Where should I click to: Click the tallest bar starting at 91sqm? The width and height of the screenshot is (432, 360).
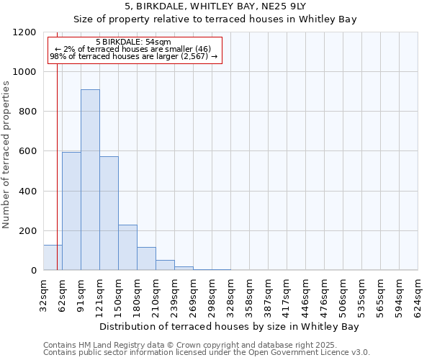(90, 180)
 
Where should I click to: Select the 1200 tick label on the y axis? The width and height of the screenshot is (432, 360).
(24, 32)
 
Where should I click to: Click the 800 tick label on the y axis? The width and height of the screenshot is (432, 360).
(27, 112)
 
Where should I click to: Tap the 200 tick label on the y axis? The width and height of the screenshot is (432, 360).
(27, 231)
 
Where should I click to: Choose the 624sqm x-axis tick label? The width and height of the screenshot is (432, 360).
(418, 295)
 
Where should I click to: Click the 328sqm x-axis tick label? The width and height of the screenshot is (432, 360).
(230, 295)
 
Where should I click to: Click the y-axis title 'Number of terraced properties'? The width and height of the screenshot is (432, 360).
(6, 155)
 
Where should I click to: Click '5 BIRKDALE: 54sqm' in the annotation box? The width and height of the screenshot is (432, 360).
(133, 42)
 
